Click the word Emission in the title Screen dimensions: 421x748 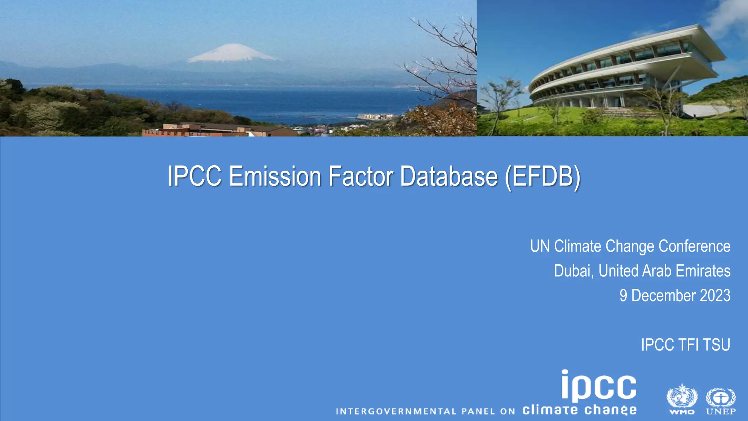pos(275,177)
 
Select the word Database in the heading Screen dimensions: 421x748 pos(449,177)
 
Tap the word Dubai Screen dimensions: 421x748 pos(573,271)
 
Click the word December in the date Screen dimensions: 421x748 pos(663,296)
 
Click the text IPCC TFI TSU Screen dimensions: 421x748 pos(686,345)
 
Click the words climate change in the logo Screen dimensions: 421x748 pos(579,410)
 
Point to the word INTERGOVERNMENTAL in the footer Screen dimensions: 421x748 pos(396,411)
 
